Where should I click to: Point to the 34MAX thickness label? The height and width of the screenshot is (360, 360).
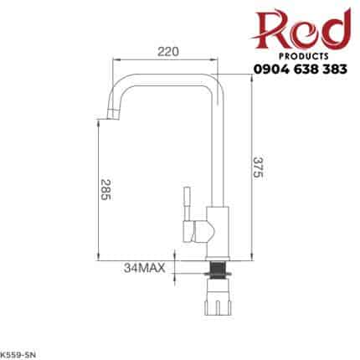[x=145, y=268]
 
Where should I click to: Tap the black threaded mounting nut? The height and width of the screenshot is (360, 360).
[x=220, y=270]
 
